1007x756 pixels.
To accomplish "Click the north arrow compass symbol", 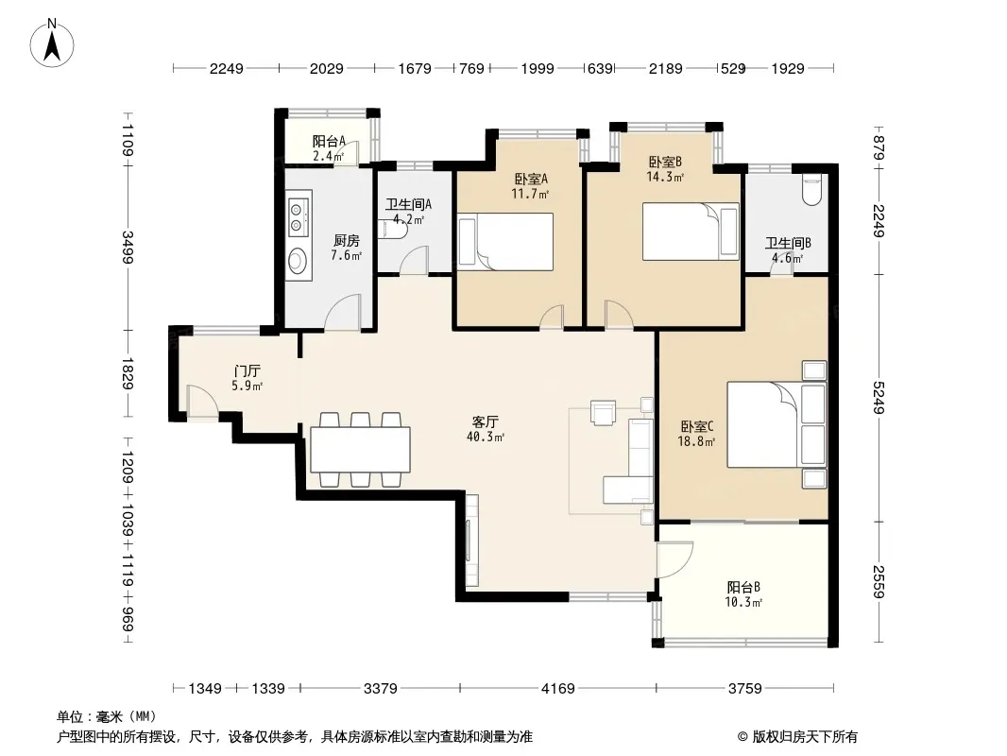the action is click(52, 43).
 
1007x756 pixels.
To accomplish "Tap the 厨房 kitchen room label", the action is click(346, 241).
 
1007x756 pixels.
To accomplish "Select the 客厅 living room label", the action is click(485, 422).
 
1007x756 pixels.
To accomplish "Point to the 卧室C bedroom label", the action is click(697, 426).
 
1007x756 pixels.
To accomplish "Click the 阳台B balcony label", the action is click(743, 587).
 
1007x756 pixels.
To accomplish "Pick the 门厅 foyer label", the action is click(247, 371).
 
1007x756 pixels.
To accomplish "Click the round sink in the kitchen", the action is click(298, 261).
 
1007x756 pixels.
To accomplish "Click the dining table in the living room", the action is click(360, 449).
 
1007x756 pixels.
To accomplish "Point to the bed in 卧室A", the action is click(504, 242).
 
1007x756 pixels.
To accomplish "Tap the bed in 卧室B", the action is click(691, 232).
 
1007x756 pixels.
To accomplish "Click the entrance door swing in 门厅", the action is click(201, 400).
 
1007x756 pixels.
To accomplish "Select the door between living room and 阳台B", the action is click(674, 559).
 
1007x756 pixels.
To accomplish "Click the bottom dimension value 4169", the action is click(558, 689).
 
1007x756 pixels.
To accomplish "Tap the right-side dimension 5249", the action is click(879, 398).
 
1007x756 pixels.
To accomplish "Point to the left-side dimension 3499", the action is click(128, 247).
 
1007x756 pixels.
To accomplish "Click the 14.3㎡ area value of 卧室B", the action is click(665, 177).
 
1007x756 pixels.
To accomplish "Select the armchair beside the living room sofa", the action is click(603, 412).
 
